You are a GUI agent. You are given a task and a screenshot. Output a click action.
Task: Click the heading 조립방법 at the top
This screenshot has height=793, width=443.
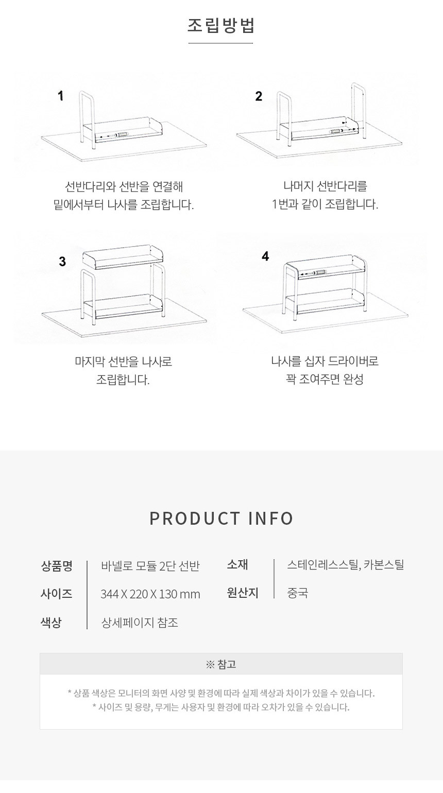point(221,26)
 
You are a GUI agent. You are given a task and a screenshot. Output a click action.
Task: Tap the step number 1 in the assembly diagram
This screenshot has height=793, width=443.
point(61,96)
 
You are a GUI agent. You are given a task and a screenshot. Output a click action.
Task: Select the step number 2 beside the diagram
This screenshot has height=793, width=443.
point(259,96)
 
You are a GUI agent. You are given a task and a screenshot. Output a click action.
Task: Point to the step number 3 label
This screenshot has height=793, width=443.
point(62,262)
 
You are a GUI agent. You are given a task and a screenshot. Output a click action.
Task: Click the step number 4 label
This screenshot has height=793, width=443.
point(265,256)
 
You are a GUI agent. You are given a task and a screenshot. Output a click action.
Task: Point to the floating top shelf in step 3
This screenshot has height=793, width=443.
point(123,256)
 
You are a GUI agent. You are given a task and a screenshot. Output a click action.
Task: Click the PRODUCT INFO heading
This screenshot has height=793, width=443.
point(221,518)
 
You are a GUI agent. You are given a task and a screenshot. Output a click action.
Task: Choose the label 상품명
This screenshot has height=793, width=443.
point(57,566)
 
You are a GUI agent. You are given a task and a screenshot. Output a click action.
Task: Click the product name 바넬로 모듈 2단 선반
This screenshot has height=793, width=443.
point(150,566)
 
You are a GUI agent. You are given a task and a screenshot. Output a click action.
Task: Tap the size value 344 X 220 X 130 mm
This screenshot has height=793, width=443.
point(150,594)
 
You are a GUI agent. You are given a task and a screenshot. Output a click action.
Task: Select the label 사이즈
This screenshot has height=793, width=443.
point(57,594)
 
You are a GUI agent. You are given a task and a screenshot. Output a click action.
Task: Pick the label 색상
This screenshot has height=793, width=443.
point(51,622)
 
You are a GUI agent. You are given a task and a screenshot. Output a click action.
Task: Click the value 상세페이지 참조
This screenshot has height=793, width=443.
point(140,622)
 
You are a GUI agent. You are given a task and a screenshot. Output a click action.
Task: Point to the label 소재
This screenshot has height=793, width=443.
point(237,564)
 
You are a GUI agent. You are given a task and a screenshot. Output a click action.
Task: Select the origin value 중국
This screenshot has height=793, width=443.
point(297,593)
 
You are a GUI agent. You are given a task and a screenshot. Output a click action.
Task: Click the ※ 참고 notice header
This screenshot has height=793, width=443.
point(221,664)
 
